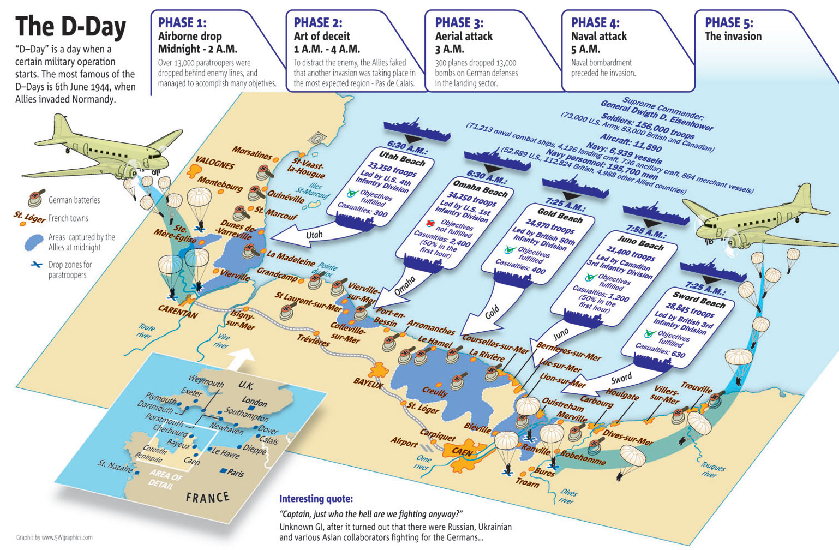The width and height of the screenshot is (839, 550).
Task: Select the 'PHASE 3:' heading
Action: pos(459,23)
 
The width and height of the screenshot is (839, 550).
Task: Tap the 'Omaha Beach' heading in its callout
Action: pos(481,189)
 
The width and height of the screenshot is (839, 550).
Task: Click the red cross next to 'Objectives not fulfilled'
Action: pos(431,223)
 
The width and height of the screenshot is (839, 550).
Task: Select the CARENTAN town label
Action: pos(178,312)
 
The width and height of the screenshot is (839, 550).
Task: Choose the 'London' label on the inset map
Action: pos(254,402)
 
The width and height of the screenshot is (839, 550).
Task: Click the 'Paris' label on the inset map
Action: pos(236,473)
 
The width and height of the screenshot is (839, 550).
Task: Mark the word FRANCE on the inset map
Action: pos(207,497)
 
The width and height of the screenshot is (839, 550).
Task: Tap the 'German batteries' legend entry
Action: pos(74,200)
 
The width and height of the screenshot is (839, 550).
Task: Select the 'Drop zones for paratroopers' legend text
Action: pos(70,270)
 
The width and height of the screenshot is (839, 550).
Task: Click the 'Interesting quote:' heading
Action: pos(316,499)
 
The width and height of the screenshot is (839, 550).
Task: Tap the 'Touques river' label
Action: pos(711,470)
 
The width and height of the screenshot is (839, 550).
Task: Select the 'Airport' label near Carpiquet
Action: pos(404,442)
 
